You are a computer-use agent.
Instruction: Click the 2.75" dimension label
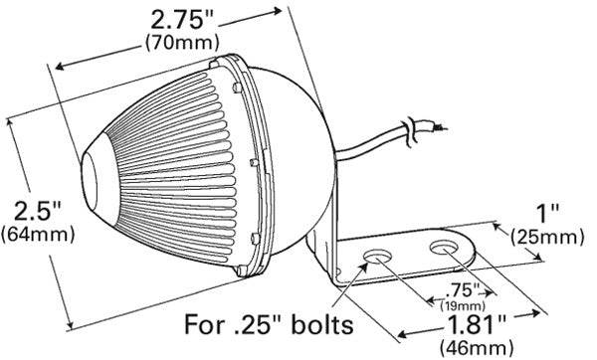171,20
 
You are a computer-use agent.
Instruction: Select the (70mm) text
171,43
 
